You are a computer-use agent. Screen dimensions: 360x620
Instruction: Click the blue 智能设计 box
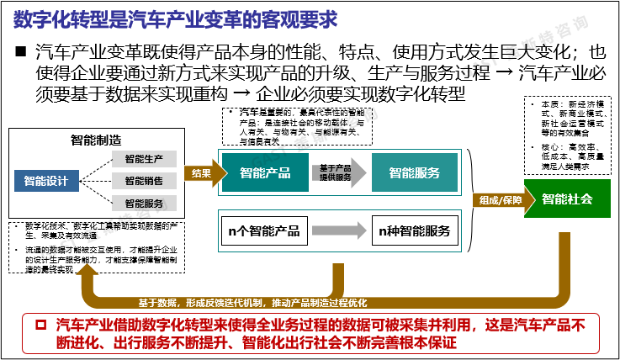tap(46, 179)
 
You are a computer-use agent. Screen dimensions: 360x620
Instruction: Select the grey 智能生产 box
tap(144, 159)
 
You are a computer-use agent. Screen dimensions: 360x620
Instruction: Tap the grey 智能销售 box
tap(144, 180)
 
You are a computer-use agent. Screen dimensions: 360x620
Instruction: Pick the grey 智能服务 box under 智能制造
tap(144, 202)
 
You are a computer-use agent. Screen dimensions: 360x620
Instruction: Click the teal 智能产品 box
tap(265, 173)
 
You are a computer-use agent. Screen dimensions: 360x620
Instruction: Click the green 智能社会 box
tap(567, 199)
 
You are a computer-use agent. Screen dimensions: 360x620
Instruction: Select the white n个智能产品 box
tap(264, 230)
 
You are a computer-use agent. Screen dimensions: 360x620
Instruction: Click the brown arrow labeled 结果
tap(199, 173)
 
